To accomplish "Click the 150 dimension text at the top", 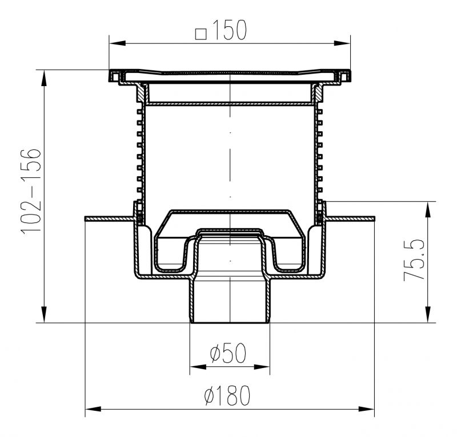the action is [x=230, y=30].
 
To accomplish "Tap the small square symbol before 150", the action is [x=201, y=34].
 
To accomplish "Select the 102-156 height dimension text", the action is [x=31, y=191].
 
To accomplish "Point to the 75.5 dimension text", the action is [x=414, y=260].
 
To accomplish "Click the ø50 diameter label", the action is [x=228, y=353].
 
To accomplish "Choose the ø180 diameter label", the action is [x=227, y=395].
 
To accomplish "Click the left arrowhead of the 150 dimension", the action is [x=118, y=43].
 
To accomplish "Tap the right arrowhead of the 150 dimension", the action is [x=342, y=43].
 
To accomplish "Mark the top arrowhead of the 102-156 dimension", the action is [x=44, y=78].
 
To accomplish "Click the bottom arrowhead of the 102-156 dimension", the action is [x=44, y=314].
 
